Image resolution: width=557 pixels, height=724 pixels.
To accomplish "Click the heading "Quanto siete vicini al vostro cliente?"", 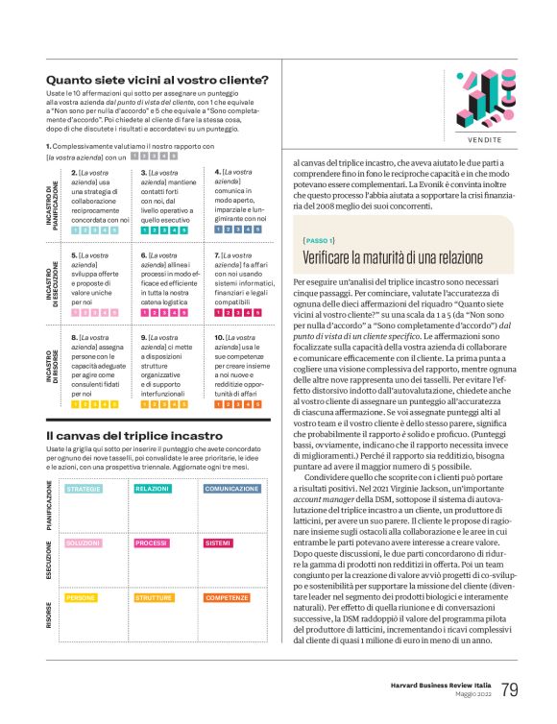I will [x=157, y=80].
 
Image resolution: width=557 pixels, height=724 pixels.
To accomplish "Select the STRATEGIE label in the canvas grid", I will [x=84, y=489].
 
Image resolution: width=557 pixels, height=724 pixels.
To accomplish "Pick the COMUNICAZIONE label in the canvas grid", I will [x=231, y=489].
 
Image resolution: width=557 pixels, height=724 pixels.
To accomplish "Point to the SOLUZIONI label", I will [x=84, y=543].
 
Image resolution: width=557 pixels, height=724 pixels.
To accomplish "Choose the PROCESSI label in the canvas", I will [x=152, y=543].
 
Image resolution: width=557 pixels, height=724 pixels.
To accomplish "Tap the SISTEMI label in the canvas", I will [x=219, y=543].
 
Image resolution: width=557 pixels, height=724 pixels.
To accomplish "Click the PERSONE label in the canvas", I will [x=81, y=597].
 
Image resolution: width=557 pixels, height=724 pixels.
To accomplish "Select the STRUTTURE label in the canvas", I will [x=155, y=597].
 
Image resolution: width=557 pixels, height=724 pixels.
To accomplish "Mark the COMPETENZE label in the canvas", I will [x=228, y=597].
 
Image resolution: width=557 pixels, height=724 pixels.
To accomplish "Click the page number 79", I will [x=510, y=689].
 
